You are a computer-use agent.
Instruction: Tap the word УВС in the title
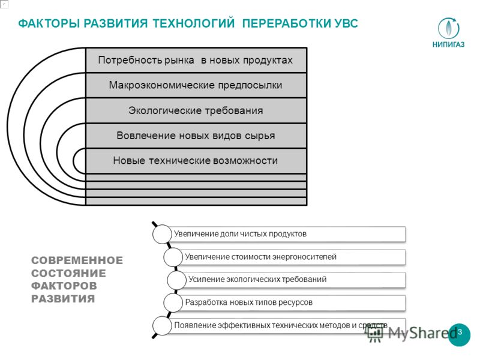point(344,23)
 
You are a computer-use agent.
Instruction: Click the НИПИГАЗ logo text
point(448,44)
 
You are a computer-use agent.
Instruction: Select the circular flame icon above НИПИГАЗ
point(448,28)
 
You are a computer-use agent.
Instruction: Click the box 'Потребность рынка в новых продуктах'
point(196,60)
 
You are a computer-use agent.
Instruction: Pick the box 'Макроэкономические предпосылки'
point(196,85)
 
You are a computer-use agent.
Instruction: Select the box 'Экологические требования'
point(196,110)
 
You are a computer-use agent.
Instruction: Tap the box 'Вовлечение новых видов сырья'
point(196,136)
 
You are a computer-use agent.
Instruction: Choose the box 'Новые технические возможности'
point(196,161)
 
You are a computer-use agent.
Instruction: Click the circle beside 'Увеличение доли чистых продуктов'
point(162,234)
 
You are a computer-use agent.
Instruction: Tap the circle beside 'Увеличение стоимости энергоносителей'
point(173,257)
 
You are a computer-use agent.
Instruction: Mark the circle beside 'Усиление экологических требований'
point(176,280)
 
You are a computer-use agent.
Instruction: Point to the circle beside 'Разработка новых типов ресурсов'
point(173,303)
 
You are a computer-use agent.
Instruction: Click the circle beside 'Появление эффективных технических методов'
point(162,325)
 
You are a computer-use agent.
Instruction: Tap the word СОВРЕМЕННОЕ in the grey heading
point(77,260)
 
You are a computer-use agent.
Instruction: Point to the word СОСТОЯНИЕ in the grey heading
point(68,273)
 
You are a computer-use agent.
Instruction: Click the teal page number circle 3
point(459,335)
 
